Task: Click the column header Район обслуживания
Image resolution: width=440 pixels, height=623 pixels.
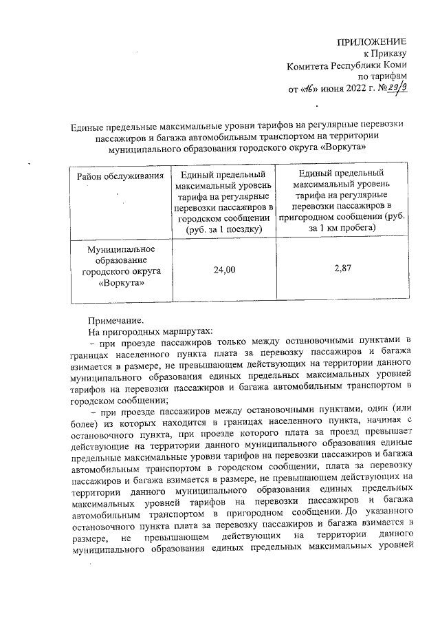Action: pyautogui.click(x=120, y=177)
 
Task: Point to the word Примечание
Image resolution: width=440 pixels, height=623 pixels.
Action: pyautogui.click(x=116, y=320)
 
